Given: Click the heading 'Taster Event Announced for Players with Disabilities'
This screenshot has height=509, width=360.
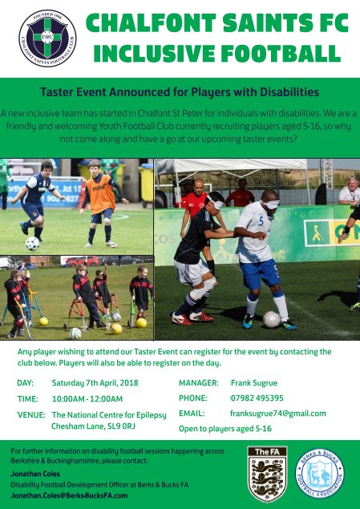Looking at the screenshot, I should coord(180,92).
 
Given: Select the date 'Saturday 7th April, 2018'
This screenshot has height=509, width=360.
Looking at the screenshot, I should coord(95,383).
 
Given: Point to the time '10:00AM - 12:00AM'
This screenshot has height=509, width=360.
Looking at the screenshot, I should coord(87,398).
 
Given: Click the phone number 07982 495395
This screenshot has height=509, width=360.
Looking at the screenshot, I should coord(257,398).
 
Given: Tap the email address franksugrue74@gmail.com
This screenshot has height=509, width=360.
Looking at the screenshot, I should coord(277,414).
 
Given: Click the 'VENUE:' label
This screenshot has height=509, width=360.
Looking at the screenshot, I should coord(30,414).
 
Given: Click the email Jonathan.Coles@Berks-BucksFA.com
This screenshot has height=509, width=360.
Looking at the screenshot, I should coord(69,495).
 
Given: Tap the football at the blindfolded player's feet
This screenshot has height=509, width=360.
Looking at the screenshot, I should coord(272,319).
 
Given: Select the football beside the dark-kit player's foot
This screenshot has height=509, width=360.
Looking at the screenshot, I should coord(32,243).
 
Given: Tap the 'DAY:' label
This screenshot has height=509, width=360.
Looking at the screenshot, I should coord(25,383).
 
